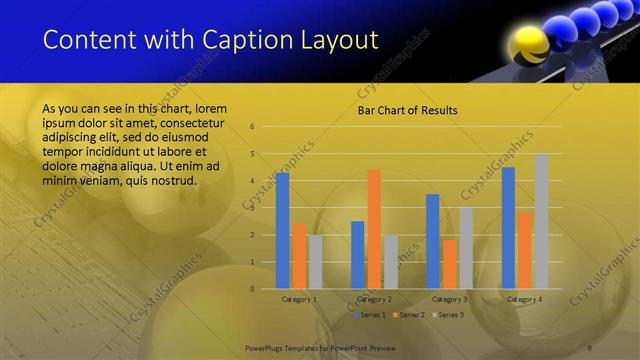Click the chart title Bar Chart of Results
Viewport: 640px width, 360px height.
(407, 110)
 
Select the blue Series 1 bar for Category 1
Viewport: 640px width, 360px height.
(283, 230)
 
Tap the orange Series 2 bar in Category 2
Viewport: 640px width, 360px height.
(374, 229)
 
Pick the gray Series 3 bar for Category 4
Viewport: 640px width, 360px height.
(541, 221)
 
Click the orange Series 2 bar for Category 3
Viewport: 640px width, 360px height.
(449, 264)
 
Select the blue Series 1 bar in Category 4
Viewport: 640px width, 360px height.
(508, 227)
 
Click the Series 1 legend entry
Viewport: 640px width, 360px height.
(370, 315)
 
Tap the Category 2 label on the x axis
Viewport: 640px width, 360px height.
(374, 299)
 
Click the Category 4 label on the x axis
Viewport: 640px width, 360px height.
(524, 299)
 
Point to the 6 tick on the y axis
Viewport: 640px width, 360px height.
(253, 127)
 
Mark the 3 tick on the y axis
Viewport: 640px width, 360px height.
(253, 208)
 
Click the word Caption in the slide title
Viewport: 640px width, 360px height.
(248, 41)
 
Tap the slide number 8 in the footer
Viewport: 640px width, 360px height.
(590, 346)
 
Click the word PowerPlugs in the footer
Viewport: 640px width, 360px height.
(268, 346)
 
